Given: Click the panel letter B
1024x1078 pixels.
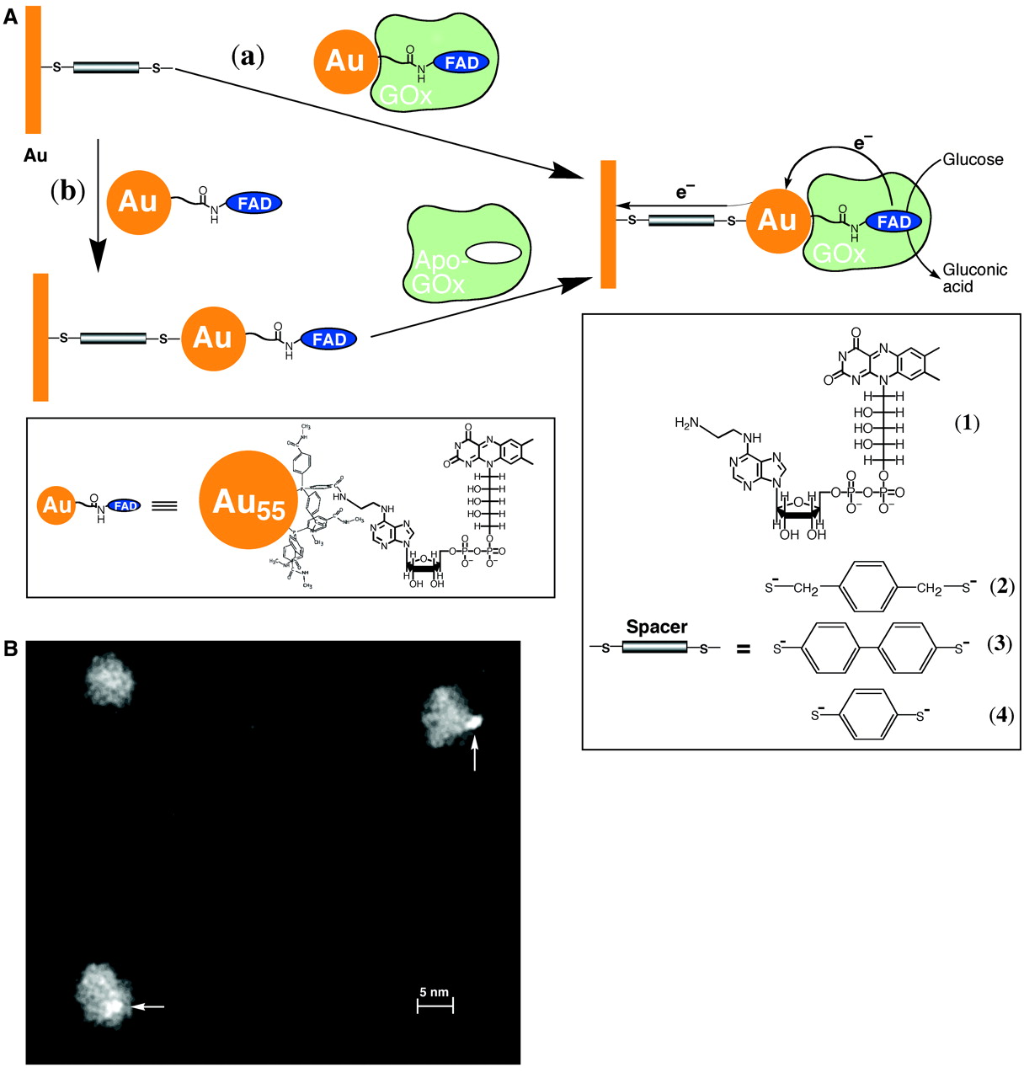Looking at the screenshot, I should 11,648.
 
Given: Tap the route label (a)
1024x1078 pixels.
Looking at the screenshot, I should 248,56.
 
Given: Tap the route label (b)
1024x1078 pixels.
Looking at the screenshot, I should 68,191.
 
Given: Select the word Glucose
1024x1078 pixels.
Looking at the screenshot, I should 973,159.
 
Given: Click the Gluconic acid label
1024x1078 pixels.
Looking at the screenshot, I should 975,278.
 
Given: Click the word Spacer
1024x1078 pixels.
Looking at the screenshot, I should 657,627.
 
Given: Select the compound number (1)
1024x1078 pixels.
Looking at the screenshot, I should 967,424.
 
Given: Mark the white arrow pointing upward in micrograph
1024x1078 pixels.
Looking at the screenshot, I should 476,754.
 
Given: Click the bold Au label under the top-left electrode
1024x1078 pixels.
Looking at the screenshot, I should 35,156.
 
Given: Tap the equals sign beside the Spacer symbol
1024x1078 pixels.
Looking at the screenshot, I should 743,650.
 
